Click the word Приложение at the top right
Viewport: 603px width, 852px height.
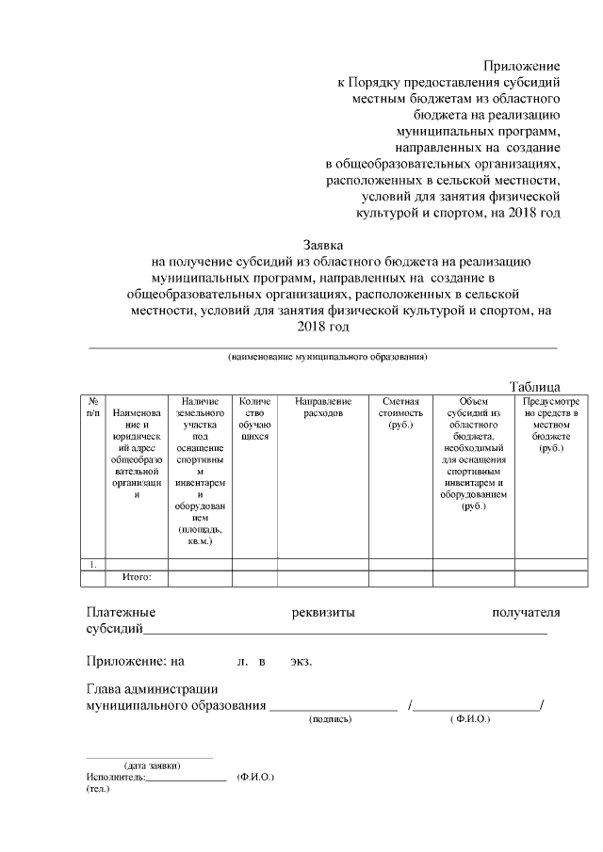[522, 66]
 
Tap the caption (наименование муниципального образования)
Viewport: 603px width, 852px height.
[327, 358]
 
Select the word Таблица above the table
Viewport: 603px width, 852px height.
[535, 386]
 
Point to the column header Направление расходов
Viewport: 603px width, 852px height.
[323, 407]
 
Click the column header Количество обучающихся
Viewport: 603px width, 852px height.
[254, 419]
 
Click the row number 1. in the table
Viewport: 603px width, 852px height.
[93, 565]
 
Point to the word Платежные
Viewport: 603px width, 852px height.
[121, 613]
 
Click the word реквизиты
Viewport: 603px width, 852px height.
[324, 613]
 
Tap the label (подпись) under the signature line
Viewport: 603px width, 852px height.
[331, 719]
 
